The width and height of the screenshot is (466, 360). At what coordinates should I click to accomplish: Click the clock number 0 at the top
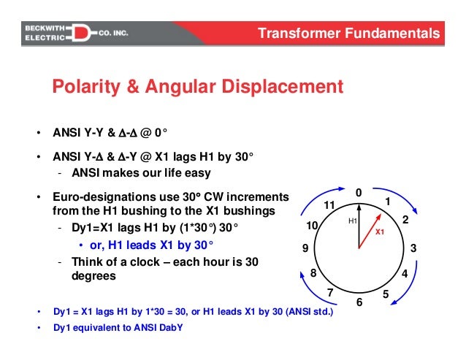[x=359, y=191]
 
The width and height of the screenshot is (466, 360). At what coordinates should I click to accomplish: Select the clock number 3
[x=413, y=249]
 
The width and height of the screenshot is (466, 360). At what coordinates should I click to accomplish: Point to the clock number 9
[x=305, y=248]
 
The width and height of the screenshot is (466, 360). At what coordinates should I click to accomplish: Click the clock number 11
[x=329, y=205]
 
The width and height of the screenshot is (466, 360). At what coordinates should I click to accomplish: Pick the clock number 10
[x=313, y=226]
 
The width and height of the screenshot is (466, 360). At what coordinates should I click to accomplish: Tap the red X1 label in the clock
[x=379, y=231]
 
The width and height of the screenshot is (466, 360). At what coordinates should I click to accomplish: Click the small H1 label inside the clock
[x=351, y=220]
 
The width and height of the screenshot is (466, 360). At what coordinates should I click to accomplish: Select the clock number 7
[x=330, y=294]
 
